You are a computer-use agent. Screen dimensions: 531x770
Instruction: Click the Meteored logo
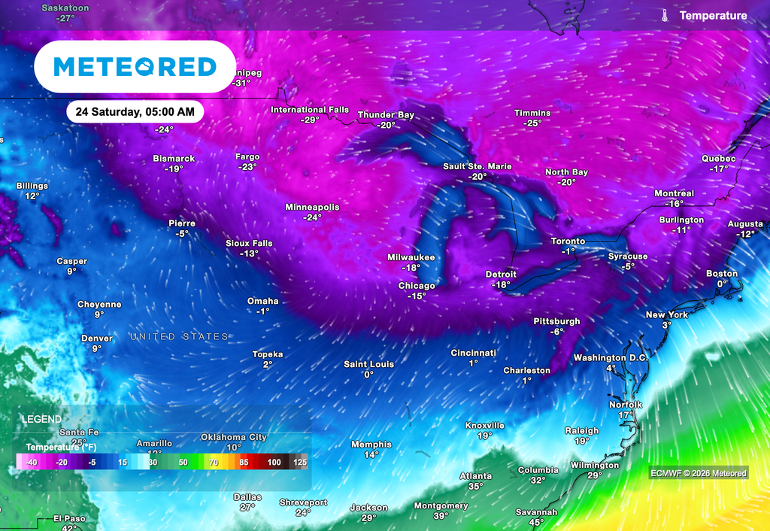pos(135,67)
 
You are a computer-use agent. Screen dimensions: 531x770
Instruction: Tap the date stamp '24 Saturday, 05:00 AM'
pos(135,112)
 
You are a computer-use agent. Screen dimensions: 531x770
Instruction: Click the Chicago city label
pos(417,286)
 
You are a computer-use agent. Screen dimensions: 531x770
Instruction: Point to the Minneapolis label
pos(312,207)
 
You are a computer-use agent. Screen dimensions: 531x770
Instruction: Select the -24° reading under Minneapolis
pos(312,217)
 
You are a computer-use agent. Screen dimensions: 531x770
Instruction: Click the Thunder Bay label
pos(386,115)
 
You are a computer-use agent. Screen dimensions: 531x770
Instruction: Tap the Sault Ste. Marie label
pos(476,166)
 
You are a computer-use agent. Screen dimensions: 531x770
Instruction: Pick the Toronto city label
pos(568,241)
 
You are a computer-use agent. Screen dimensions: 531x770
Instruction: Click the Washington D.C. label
pos(611,357)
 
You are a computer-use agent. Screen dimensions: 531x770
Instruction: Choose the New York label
pos(667,315)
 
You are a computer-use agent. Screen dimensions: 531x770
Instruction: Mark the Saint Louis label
pos(369,364)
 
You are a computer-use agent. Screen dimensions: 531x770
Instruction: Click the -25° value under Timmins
pos(532,123)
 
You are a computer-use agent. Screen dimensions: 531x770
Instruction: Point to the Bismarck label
pos(174,159)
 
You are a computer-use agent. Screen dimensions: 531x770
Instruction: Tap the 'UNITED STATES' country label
pos(179,336)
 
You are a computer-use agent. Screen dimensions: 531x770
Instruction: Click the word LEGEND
pos(41,419)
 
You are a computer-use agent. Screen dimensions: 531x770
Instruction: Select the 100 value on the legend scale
pos(274,462)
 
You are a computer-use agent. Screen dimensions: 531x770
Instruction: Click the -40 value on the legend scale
pos(32,462)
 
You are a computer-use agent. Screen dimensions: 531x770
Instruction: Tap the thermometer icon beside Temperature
pos(665,15)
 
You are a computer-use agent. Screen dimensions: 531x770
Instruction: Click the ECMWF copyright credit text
pos(699,473)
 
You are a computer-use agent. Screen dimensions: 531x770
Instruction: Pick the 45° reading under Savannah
pos(536,522)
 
